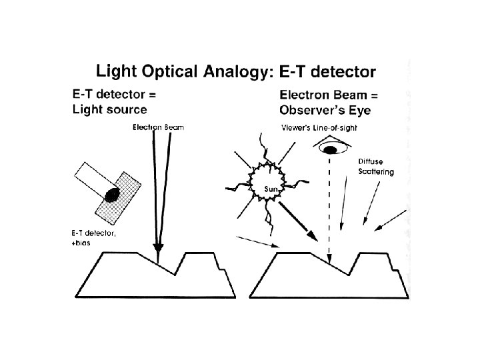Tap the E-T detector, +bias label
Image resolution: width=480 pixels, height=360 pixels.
(93, 238)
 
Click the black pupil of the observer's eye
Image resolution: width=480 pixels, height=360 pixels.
(330, 150)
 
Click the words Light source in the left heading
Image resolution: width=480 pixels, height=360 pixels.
(110, 109)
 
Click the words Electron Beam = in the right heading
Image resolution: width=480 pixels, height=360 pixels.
(323, 95)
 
